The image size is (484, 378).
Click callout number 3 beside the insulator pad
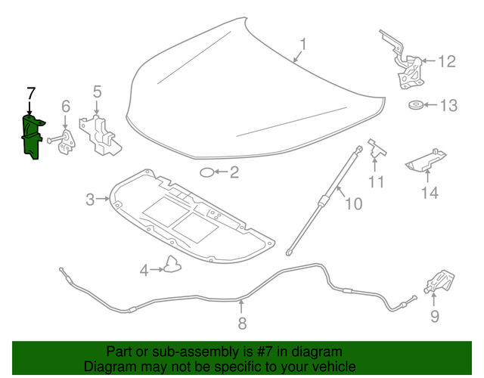[x=90, y=200]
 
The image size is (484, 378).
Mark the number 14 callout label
[x=429, y=193]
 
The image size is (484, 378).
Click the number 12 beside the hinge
[x=447, y=61]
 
